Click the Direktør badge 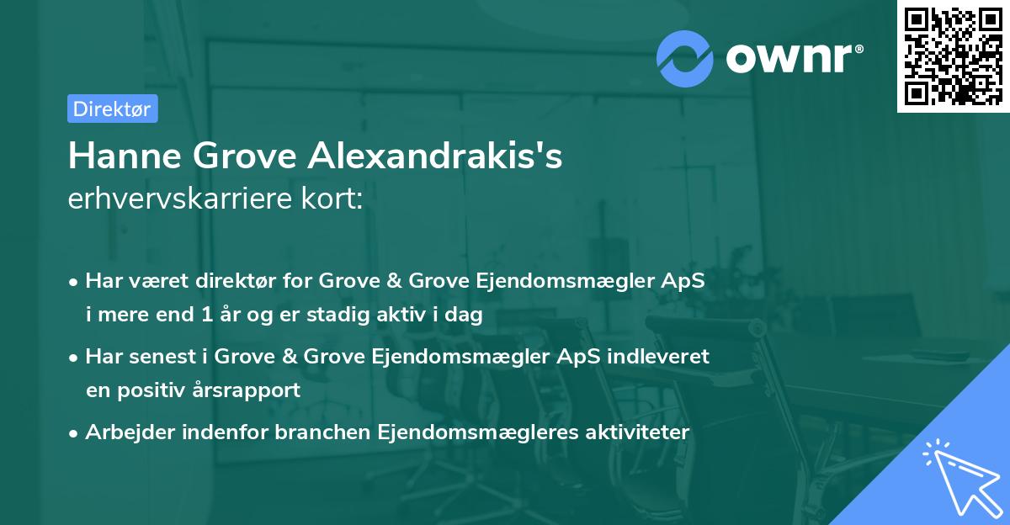[112, 109]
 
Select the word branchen [327, 432]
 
